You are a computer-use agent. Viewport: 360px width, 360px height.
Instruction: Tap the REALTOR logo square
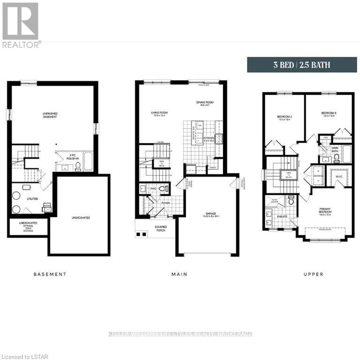[20, 21]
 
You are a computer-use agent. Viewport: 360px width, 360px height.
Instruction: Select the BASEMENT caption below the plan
[50, 274]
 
